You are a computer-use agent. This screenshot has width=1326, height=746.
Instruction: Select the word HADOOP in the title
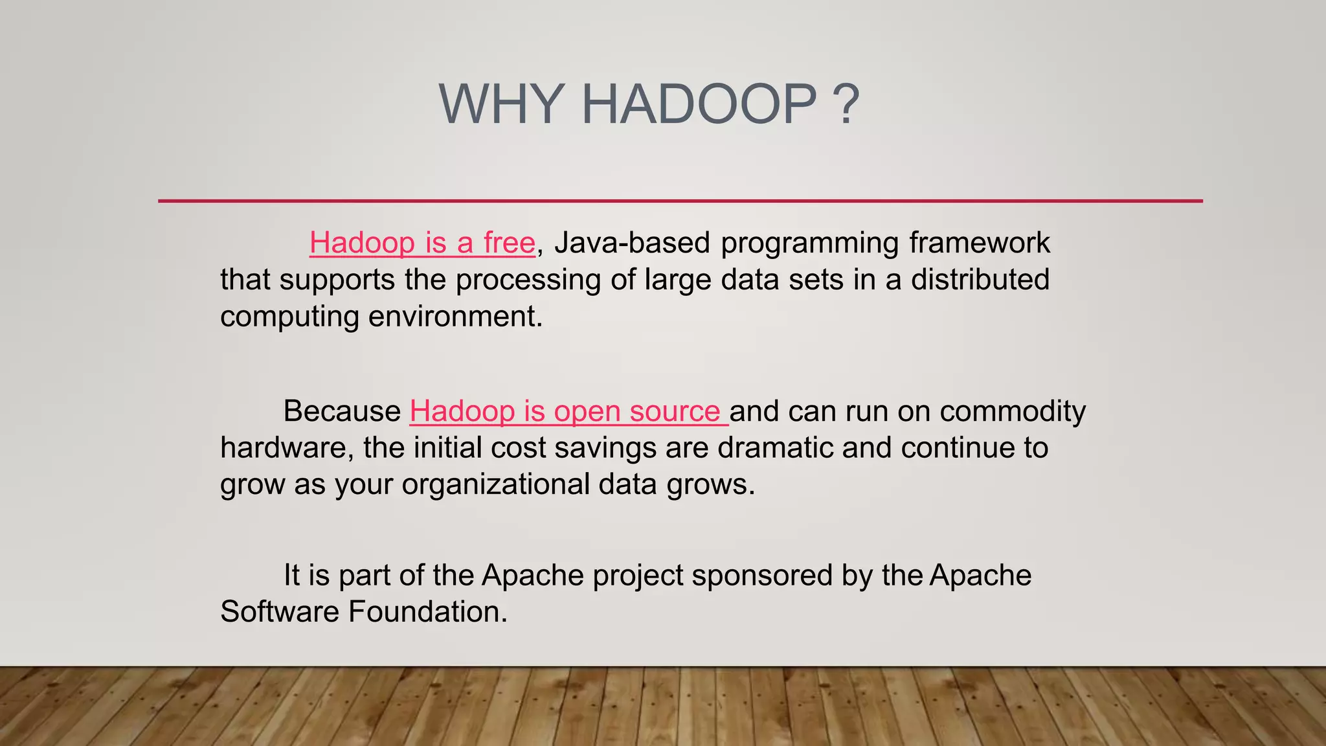tap(699, 104)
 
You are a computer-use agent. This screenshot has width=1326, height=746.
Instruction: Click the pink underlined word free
tap(509, 243)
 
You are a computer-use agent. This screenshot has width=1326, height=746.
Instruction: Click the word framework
tap(979, 243)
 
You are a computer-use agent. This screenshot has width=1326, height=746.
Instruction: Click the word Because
tap(342, 411)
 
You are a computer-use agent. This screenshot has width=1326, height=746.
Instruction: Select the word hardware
tap(286, 448)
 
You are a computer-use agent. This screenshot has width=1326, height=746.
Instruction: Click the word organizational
tap(495, 484)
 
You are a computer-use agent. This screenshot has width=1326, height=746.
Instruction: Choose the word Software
tap(280, 612)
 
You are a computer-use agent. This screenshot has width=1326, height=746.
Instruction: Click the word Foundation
tap(427, 612)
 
